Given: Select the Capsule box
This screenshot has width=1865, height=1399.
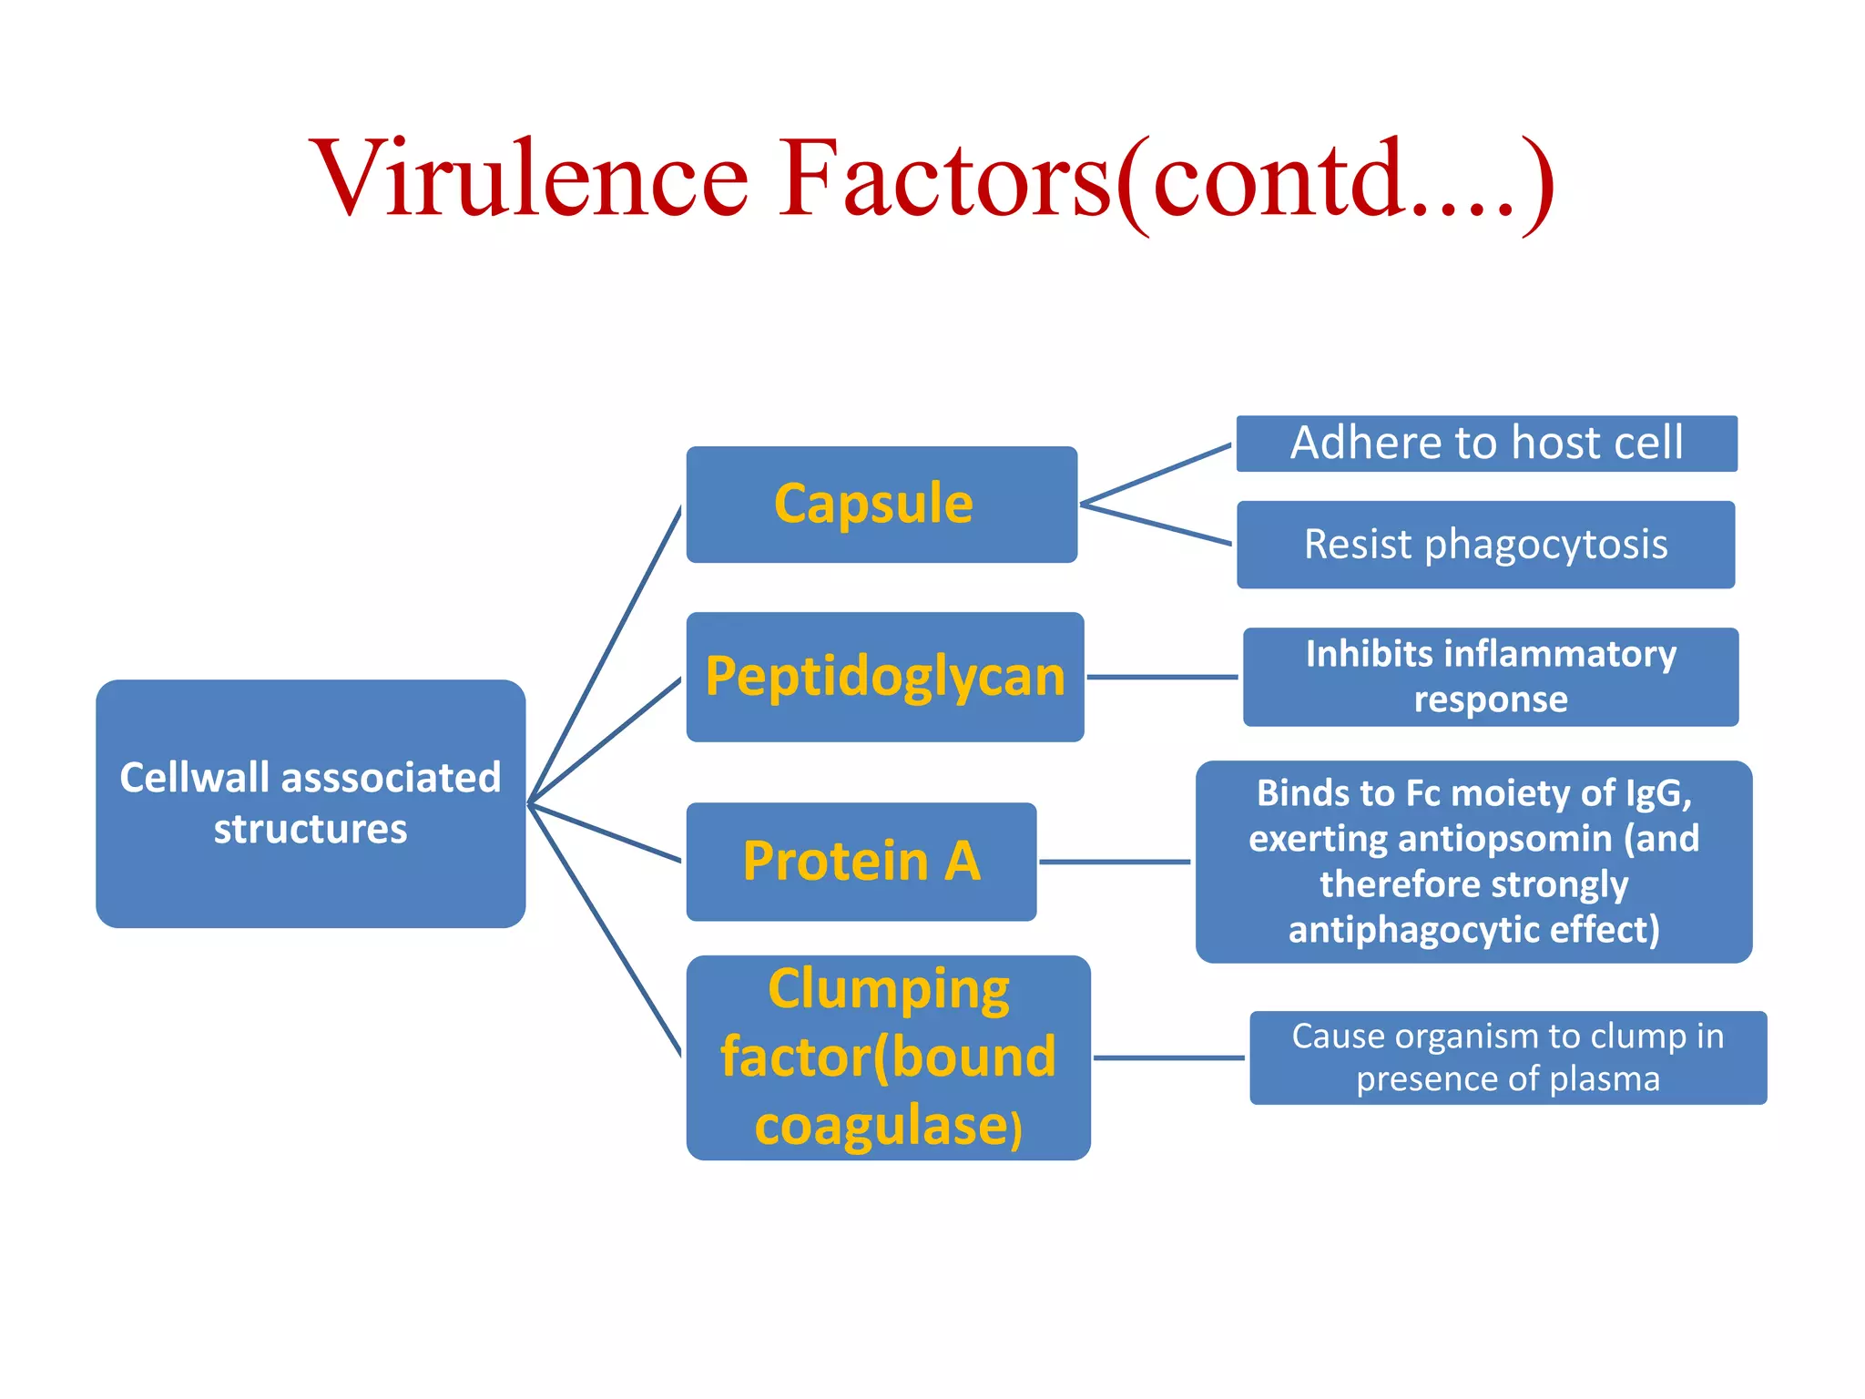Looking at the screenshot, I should [882, 504].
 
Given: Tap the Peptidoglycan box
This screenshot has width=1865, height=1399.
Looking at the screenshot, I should [884, 677].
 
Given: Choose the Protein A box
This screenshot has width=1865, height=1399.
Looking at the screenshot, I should [861, 861].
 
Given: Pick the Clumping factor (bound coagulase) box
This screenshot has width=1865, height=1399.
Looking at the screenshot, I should [888, 1057].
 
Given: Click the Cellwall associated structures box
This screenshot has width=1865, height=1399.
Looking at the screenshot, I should [311, 803].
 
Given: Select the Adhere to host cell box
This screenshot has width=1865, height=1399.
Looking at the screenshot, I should [1486, 444].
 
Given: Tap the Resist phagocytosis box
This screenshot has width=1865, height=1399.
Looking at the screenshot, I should [1485, 545].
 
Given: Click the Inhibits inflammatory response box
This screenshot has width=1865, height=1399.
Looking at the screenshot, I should [1490, 677].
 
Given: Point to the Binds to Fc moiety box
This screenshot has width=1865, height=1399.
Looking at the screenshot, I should [1473, 862].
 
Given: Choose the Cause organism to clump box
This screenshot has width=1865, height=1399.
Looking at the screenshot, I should [1507, 1057].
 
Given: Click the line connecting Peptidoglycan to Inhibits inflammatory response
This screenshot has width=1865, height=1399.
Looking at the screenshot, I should [1162, 677].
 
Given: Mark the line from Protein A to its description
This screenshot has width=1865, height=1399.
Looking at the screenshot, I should [1114, 862].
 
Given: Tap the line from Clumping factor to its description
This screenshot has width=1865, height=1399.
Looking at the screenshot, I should [1168, 1057].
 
